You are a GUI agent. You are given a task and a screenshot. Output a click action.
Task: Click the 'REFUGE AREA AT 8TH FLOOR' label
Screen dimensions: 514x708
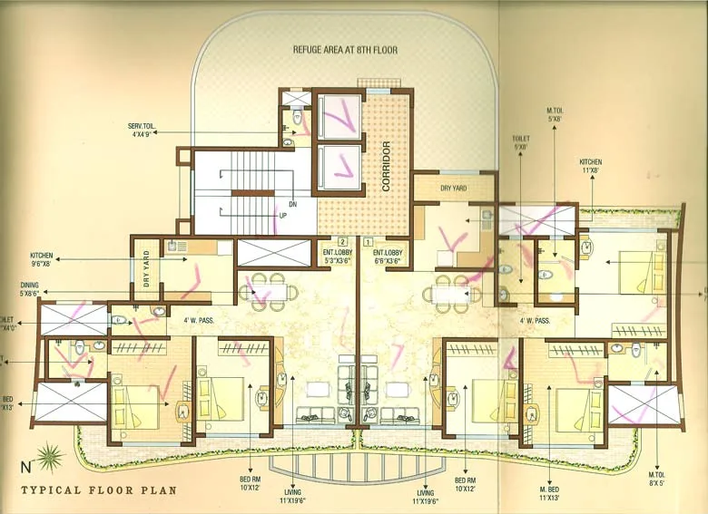[345, 51]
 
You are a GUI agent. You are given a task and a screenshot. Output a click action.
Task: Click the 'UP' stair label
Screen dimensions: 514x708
[282, 217]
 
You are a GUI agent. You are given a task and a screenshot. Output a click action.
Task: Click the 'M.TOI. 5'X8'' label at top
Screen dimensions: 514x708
[556, 112]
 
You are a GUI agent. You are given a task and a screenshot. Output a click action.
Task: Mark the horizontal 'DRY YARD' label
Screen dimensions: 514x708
[453, 189]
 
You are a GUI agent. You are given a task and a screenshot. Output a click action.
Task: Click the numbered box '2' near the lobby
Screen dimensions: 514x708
[342, 242]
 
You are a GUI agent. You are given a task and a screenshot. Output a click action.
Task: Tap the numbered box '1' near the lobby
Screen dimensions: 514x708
[367, 242]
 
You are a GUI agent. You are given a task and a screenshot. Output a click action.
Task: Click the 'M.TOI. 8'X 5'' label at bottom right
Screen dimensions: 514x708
[656, 480]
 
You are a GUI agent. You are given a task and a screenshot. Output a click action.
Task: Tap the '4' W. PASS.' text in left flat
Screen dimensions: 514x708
[198, 320]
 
